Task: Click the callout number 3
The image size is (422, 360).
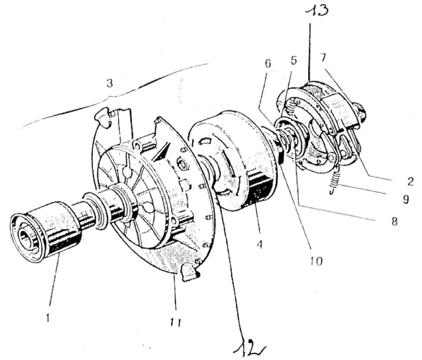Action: [x=109, y=83]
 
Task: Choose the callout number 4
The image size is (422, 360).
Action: [x=259, y=244]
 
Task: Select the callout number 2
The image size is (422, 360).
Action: [x=410, y=181]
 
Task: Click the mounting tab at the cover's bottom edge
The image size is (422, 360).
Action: [x=189, y=273]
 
